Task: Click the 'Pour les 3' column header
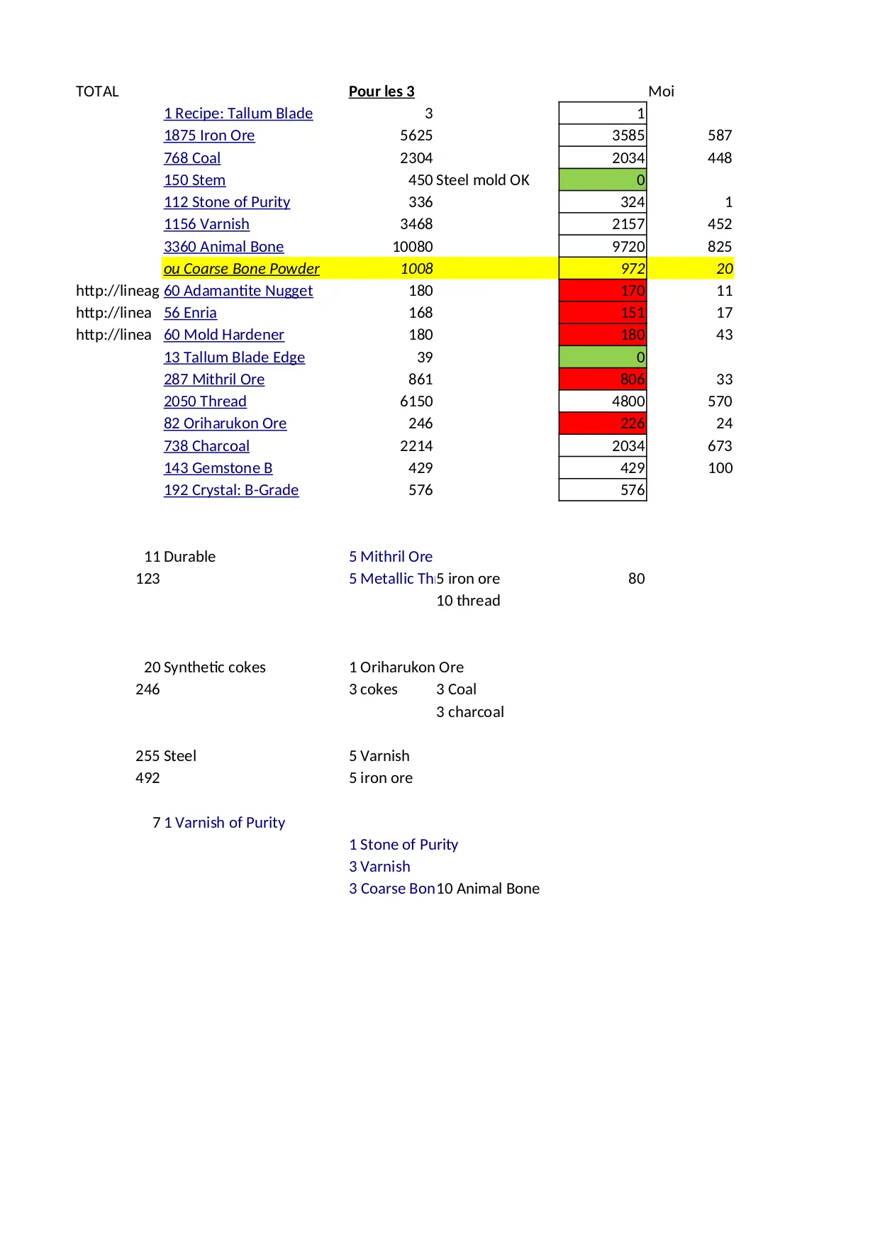tap(381, 91)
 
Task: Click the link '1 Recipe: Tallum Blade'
tap(238, 113)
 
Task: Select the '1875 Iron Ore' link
tap(209, 135)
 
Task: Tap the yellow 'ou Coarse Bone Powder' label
tap(242, 269)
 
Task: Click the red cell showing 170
tap(603, 291)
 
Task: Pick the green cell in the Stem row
tap(603, 180)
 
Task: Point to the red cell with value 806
tap(603, 379)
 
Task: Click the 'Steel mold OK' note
tap(483, 180)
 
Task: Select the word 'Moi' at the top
tap(661, 91)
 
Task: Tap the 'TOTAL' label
tap(97, 91)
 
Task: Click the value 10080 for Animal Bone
tap(413, 247)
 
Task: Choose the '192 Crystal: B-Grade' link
tap(231, 490)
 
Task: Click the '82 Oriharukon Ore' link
tap(225, 423)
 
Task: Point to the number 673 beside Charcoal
tap(720, 446)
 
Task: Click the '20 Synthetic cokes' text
tap(205, 667)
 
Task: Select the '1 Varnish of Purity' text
tap(225, 823)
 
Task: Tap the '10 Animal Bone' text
tap(488, 889)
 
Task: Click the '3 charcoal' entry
tap(470, 712)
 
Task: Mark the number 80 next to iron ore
tap(636, 579)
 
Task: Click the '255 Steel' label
tap(166, 756)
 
